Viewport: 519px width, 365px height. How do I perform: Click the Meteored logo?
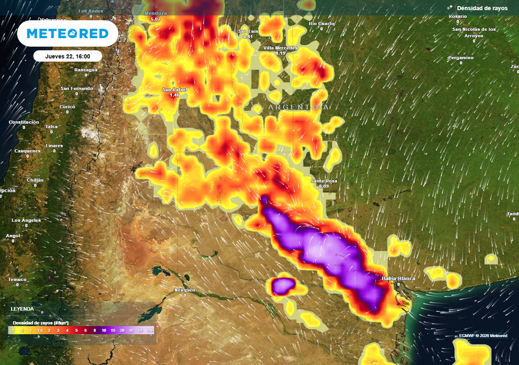(67, 33)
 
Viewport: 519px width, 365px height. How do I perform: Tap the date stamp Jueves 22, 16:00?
(67, 56)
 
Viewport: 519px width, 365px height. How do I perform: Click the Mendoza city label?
(155, 13)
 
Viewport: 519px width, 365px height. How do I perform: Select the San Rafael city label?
(174, 90)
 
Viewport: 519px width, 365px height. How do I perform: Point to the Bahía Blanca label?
(398, 278)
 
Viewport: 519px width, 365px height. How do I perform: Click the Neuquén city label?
(184, 290)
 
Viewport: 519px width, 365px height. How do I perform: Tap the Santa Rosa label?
(324, 181)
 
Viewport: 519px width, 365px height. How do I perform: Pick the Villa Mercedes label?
(280, 48)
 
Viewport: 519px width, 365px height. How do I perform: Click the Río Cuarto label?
(321, 23)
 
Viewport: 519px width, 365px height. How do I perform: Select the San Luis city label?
(248, 31)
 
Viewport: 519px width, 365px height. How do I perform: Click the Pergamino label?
(461, 58)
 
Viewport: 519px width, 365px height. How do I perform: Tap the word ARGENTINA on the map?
(299, 107)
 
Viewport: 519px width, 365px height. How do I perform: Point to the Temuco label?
(17, 279)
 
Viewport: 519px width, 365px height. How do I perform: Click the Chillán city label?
(35, 180)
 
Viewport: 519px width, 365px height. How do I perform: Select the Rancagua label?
(86, 69)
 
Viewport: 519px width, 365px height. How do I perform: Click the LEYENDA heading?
(22, 309)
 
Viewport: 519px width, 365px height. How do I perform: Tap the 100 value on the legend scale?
(150, 330)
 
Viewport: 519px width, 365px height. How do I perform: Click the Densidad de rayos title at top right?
(481, 8)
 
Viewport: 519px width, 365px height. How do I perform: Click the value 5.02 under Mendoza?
(155, 19)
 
